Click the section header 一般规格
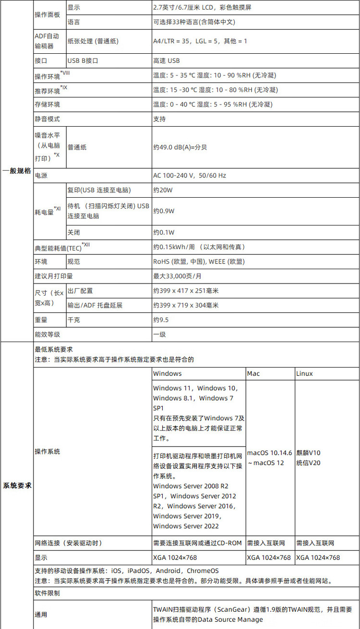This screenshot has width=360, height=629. pyautogui.click(x=17, y=171)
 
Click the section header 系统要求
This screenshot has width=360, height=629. pyautogui.click(x=17, y=485)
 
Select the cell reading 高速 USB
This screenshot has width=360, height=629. pyautogui.click(x=167, y=61)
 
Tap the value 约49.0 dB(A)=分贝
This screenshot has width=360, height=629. pyautogui.click(x=180, y=147)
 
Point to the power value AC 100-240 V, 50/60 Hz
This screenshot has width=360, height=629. pyautogui.click(x=190, y=176)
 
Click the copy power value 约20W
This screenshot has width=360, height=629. pyautogui.click(x=163, y=190)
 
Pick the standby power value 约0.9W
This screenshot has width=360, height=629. pyautogui.click(x=164, y=211)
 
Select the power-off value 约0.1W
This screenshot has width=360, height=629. pyautogui.click(x=164, y=233)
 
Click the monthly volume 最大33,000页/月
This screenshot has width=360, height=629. pyautogui.click(x=177, y=276)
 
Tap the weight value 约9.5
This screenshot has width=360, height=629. pyautogui.click(x=161, y=320)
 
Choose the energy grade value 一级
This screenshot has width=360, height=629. pyautogui.click(x=159, y=334)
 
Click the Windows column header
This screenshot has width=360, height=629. pyautogui.click(x=168, y=373)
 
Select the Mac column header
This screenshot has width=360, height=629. pyautogui.click(x=253, y=373)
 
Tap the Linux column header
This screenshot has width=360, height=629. pyautogui.click(x=304, y=373)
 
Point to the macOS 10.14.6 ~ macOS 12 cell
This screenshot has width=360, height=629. pyautogui.click(x=270, y=458)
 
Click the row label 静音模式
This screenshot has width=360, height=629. pyautogui.click(x=47, y=119)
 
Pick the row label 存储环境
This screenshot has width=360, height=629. pyautogui.click(x=47, y=104)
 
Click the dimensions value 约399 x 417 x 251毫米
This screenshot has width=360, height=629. pyautogui.click(x=186, y=291)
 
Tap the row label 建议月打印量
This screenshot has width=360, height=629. pyautogui.click(x=54, y=276)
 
